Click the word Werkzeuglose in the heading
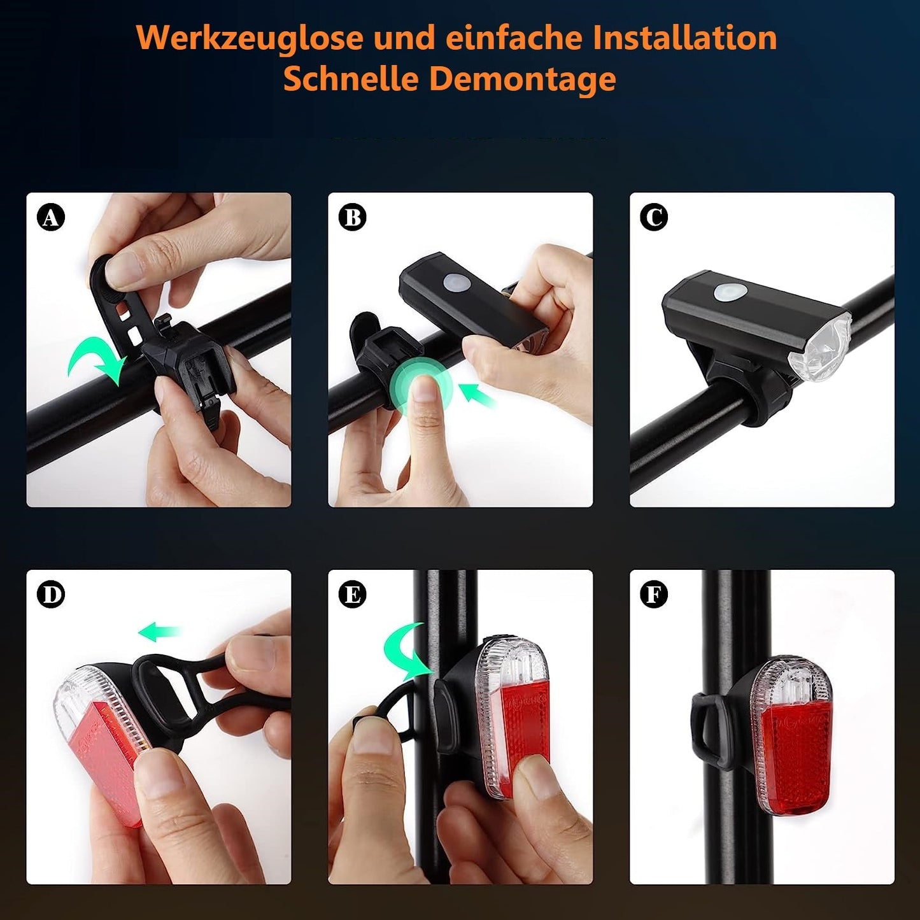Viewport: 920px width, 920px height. point(250,38)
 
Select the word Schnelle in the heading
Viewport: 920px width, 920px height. point(350,80)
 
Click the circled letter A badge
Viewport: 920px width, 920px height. point(51,218)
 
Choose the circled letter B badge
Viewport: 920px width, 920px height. point(353,218)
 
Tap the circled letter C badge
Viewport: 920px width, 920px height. point(654,218)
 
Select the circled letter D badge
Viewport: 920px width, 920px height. point(51,595)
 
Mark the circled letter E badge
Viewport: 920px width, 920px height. point(353,595)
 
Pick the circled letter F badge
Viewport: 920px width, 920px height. point(654,595)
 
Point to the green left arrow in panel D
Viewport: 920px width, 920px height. point(159,632)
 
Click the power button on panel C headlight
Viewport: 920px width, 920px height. point(728,292)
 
